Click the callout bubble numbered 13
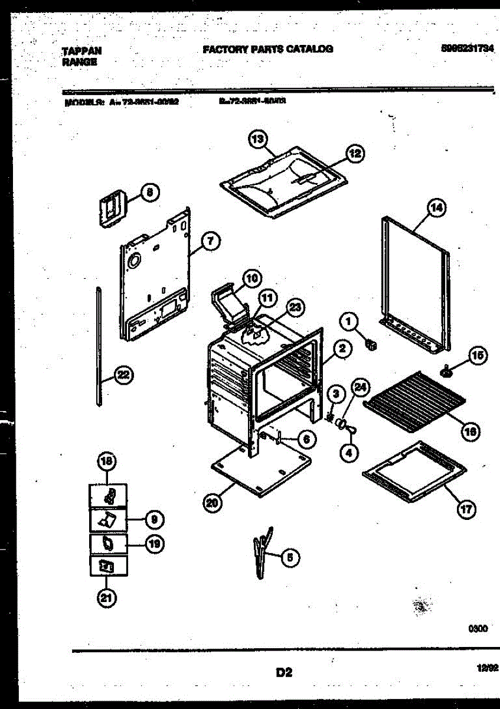[x=257, y=140]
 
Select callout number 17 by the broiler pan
[x=467, y=509]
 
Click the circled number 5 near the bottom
[x=290, y=557]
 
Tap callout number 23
[x=296, y=306]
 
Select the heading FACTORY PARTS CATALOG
[x=267, y=49]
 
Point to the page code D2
[x=284, y=672]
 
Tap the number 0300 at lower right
[x=478, y=629]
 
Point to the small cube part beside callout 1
[x=371, y=343]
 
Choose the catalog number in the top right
[x=466, y=49]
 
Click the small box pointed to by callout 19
[x=107, y=543]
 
